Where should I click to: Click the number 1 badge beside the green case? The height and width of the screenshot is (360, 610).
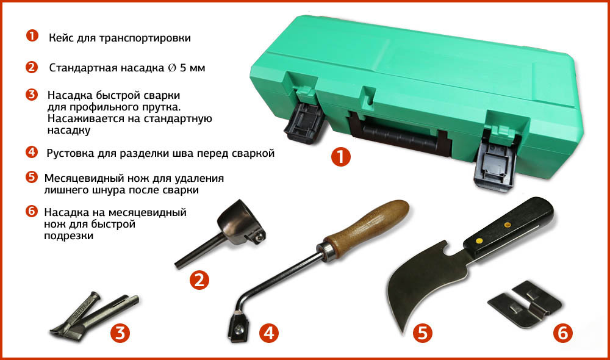point(341,157)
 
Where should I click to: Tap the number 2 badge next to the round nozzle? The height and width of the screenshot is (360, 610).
point(199,280)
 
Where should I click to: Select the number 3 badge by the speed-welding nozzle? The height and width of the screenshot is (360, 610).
point(120,333)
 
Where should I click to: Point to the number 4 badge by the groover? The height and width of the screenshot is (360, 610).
point(269,333)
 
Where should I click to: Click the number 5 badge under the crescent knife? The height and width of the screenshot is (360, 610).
point(423,333)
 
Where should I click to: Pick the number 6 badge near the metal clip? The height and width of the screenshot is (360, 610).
point(563,333)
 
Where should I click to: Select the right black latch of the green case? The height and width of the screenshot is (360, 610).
point(495,165)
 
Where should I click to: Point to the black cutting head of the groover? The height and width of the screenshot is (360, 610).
point(238,328)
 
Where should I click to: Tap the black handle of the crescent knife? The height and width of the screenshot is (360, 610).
point(508,228)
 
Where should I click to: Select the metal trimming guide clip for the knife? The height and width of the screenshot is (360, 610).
point(525,304)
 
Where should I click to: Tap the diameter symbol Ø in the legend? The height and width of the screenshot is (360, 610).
point(172,68)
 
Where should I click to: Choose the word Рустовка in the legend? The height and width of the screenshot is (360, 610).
point(70,154)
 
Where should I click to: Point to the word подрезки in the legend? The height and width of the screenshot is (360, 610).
point(68,236)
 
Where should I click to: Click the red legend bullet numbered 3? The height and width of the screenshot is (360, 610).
point(32,95)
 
